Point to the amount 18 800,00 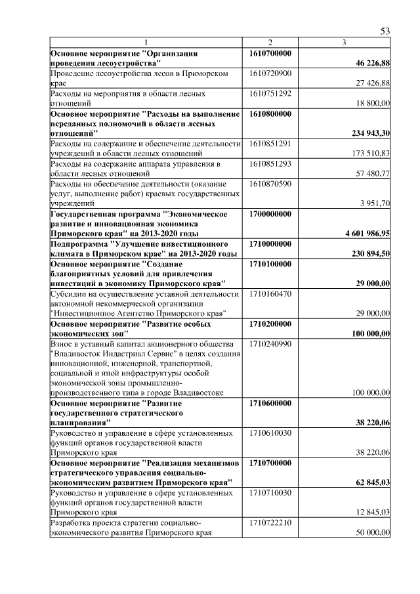pyautogui.click(x=373, y=104)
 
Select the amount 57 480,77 pyautogui.click(x=373, y=174)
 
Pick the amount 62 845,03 pyautogui.click(x=373, y=483)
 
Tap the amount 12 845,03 pyautogui.click(x=373, y=513)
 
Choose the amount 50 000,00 pyautogui.click(x=373, y=533)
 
